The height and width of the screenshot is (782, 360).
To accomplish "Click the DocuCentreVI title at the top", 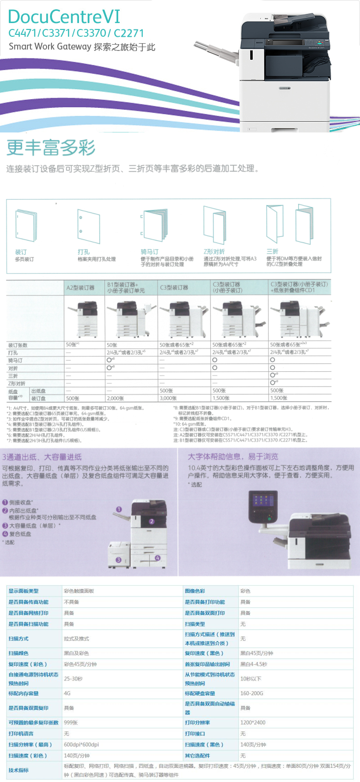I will [x=64, y=17].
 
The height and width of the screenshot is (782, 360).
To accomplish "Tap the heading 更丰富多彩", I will [x=51, y=147].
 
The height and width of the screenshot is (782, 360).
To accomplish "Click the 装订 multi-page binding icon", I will [x=26, y=226].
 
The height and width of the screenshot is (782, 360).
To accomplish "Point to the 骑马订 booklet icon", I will [x=154, y=226].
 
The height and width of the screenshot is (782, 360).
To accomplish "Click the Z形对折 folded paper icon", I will [x=214, y=225].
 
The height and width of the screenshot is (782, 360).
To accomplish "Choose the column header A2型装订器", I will [x=80, y=288].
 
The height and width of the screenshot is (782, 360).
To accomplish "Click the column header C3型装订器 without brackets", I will [x=174, y=288].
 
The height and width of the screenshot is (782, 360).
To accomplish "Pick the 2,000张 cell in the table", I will [x=115, y=398].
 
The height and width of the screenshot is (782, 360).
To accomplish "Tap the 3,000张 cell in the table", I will [x=168, y=398].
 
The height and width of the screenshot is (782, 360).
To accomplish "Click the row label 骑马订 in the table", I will [x=15, y=360].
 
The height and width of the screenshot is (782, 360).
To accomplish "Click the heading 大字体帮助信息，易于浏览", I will [x=233, y=457].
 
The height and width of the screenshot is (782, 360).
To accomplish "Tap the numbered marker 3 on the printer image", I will [x=118, y=559].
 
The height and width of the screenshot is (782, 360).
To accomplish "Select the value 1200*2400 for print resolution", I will [x=253, y=723].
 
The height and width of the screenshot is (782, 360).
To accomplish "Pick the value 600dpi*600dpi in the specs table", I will [x=81, y=745].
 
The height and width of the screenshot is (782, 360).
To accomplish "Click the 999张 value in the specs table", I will [x=71, y=723].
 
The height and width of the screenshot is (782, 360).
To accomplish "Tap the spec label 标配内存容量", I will [x=24, y=694].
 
